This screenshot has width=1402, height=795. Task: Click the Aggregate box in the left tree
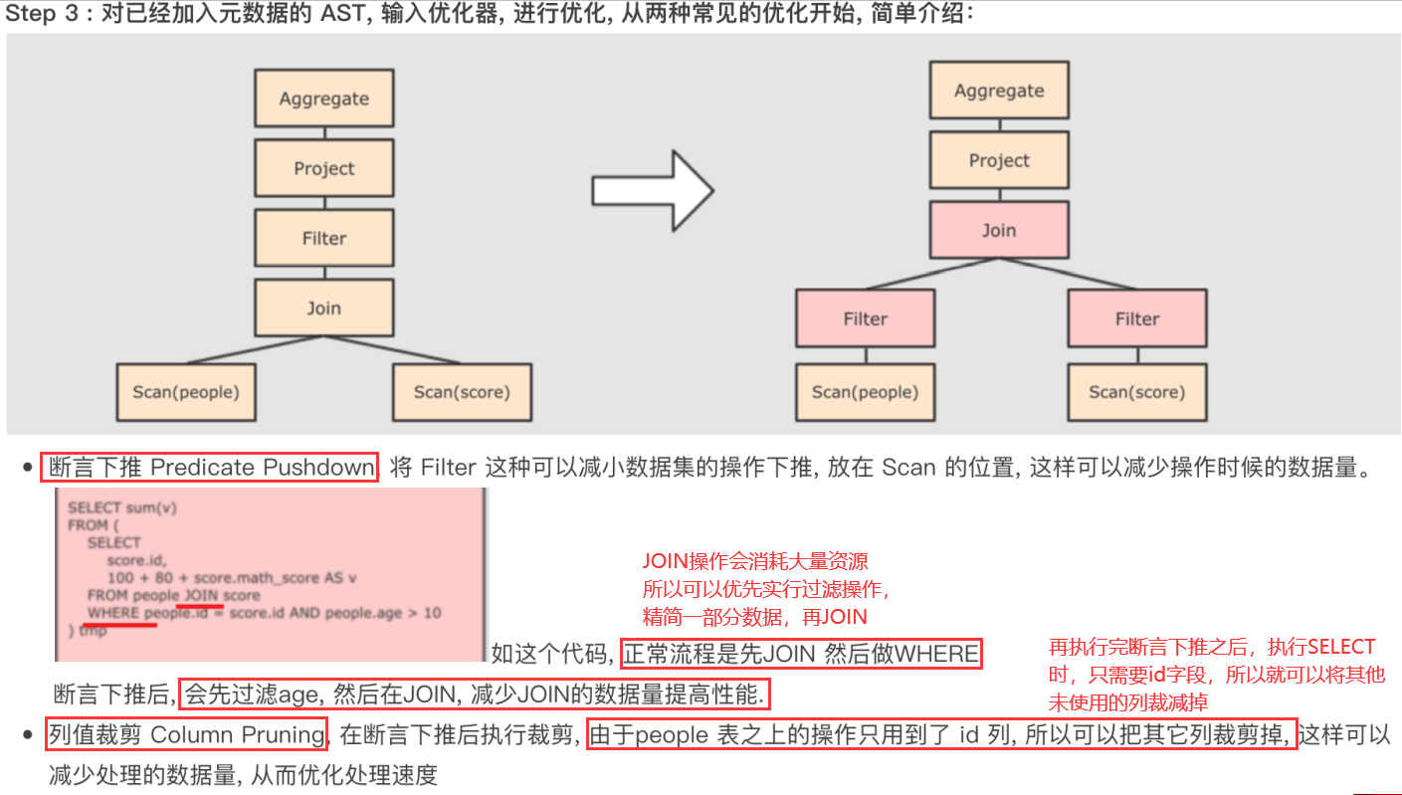pos(323,99)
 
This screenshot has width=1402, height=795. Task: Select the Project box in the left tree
pos(323,168)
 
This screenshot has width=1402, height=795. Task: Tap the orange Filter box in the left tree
pos(323,238)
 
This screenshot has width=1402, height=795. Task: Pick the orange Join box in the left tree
pos(323,307)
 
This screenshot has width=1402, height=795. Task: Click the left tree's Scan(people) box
pos(186,391)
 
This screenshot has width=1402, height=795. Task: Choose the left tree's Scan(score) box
pos(462,391)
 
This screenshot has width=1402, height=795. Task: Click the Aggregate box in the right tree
pos(999,91)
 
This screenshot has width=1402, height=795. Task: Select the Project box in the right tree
pos(999,160)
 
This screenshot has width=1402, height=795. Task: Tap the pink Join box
pos(999,230)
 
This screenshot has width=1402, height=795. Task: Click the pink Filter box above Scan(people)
pos(865,318)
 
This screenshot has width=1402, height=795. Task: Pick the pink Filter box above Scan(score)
pos(1136,318)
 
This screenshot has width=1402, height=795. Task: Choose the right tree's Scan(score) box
pos(1136,391)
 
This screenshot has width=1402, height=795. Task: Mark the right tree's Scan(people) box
pos(865,391)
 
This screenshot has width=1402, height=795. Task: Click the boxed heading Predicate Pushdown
pos(209,468)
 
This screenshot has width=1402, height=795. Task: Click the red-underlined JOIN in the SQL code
pos(199,595)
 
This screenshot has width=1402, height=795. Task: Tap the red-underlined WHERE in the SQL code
pos(113,613)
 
